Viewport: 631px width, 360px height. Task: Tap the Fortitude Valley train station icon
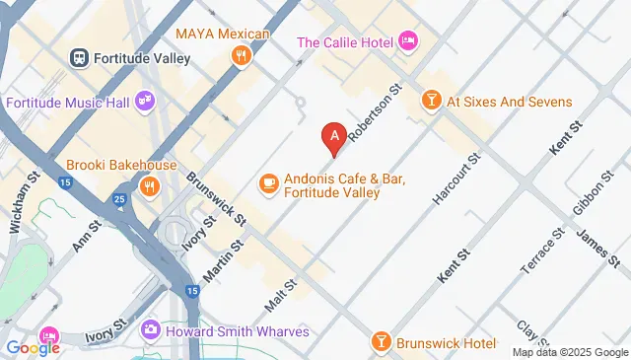coord(80,58)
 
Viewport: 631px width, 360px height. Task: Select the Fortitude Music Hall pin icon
coord(146,100)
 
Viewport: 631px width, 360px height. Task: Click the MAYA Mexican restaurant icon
coord(240,55)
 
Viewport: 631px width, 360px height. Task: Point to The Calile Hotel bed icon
coord(408,41)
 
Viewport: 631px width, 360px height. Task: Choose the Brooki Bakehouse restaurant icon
coord(149,185)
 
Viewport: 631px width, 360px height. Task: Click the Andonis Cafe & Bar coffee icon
coord(267,183)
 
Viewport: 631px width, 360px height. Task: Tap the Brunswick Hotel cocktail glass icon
coord(381,342)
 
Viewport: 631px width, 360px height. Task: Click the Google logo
coord(33,347)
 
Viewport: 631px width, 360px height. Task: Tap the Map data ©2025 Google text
coord(569,352)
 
